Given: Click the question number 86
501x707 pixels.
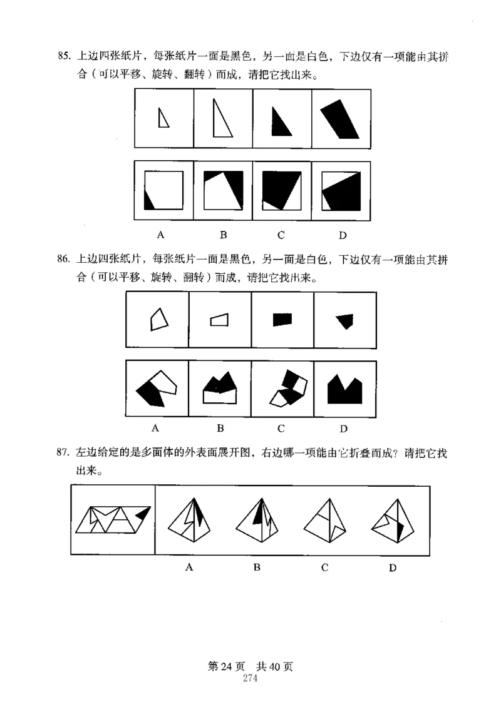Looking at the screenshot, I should pos(62,258).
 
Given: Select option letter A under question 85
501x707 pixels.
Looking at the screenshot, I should pos(161,235).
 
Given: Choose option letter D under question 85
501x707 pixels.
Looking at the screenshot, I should pos(343,236).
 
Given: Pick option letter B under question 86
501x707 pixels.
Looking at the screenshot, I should pos(220,429).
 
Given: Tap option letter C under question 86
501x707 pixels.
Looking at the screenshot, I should pos(281,429).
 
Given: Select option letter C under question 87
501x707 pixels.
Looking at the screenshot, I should pos(325,567).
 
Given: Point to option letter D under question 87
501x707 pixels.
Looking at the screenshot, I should pos(393,568).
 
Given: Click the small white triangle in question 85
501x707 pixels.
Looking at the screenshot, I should pos(163,118).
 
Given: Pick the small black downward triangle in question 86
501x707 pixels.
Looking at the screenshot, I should pos(344,320).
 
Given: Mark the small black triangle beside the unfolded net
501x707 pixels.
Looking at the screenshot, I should pos(143,514).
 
